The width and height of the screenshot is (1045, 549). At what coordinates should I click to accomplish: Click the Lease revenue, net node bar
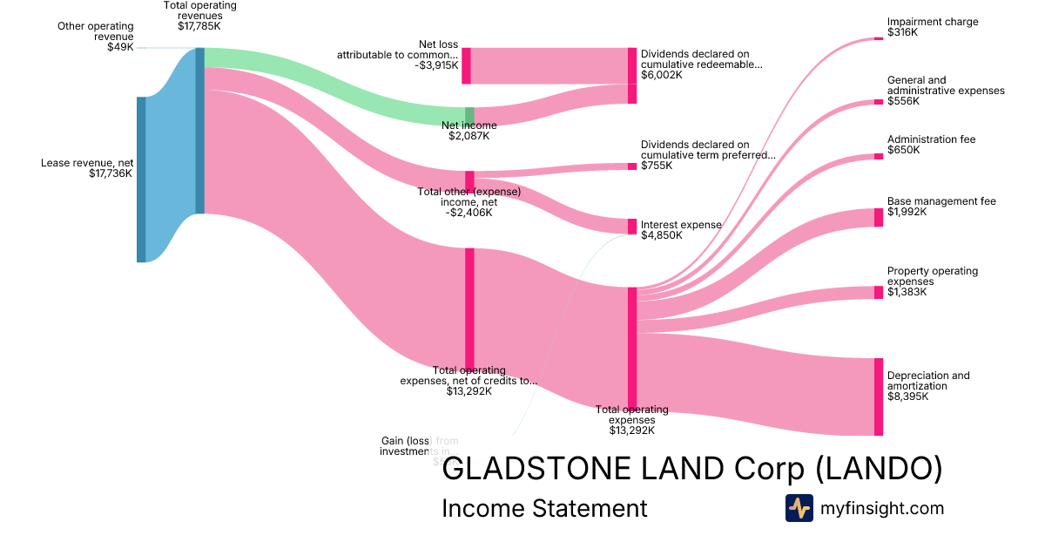coord(141,180)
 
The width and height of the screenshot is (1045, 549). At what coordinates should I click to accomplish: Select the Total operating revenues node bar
coord(199,131)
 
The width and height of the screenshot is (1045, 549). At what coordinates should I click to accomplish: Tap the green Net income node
coord(469,117)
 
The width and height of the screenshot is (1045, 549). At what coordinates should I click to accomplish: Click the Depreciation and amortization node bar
coord(878,396)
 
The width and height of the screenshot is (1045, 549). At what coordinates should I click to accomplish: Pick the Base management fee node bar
coord(878,217)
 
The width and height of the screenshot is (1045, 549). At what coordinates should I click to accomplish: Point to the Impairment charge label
coord(932,22)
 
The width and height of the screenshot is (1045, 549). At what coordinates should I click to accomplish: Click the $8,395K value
coord(907,396)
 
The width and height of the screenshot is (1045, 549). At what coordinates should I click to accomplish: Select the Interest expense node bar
coord(632,227)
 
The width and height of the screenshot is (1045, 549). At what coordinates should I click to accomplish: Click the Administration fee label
coord(931,139)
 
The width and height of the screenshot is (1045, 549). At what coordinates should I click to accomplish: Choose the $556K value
coord(903,101)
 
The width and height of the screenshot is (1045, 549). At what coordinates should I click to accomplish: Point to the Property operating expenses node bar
coord(878,293)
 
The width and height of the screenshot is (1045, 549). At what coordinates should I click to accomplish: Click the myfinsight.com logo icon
coord(799,508)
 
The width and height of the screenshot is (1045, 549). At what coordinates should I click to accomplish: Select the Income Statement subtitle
coord(544,508)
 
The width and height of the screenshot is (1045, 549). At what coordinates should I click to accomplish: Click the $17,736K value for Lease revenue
coord(111,173)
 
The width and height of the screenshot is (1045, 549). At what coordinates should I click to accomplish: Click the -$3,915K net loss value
coord(436,65)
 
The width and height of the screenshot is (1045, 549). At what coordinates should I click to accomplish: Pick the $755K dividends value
coord(657,166)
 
